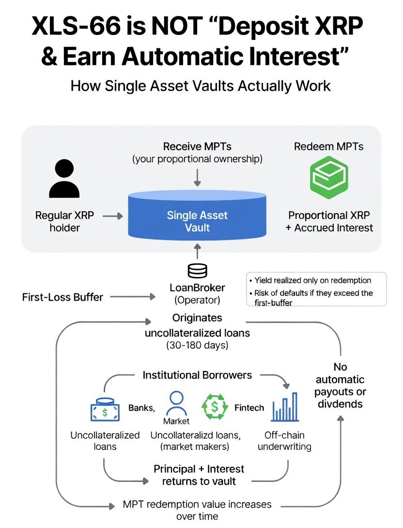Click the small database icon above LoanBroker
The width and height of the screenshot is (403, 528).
pyautogui.click(x=197, y=270)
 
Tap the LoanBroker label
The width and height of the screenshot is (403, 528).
pyautogui.click(x=197, y=288)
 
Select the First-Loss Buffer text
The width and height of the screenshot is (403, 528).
pyautogui.click(x=62, y=297)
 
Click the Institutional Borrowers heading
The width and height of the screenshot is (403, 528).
pyautogui.click(x=197, y=375)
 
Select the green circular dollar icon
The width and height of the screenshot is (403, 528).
pyautogui.click(x=214, y=407)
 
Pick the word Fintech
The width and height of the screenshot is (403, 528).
pyautogui.click(x=249, y=408)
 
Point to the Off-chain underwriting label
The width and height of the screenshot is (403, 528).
pyautogui.click(x=284, y=441)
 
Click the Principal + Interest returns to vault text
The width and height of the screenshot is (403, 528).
pyautogui.click(x=199, y=475)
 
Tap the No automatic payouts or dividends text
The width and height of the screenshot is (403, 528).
pyautogui.click(x=340, y=385)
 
